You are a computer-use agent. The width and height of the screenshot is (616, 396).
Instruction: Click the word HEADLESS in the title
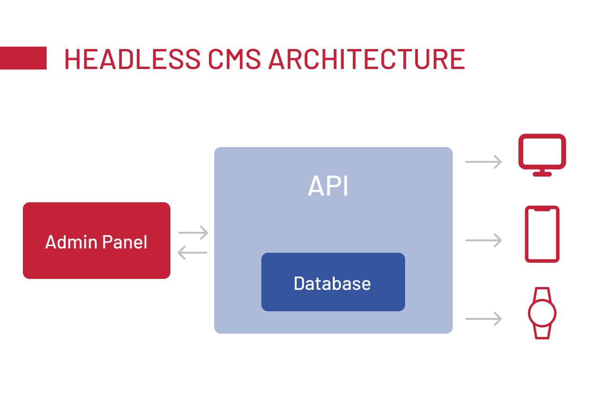[x=132, y=59]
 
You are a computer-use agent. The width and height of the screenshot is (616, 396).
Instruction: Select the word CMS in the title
[x=234, y=59]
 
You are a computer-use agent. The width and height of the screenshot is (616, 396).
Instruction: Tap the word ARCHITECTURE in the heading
[x=367, y=59]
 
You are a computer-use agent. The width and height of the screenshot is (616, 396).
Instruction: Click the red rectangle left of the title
[x=23, y=58]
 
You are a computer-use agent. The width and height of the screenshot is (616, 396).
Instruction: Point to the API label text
[x=328, y=186]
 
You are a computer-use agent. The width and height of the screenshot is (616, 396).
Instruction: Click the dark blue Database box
[x=333, y=283]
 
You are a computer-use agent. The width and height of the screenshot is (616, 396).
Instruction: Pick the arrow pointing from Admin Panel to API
[x=193, y=233]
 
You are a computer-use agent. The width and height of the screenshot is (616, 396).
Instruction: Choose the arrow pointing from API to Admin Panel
[x=192, y=253]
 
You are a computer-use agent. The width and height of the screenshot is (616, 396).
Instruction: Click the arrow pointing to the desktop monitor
[x=484, y=162]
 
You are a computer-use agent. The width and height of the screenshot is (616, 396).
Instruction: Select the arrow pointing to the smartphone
[x=484, y=240]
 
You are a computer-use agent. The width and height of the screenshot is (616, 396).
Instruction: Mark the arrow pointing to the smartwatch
[x=484, y=318]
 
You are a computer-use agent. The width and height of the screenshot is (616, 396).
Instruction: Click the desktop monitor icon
[x=542, y=152]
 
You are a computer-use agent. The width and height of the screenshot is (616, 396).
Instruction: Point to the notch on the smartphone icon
[x=542, y=209]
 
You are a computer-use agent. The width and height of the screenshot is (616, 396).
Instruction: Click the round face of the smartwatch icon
[x=542, y=313]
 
